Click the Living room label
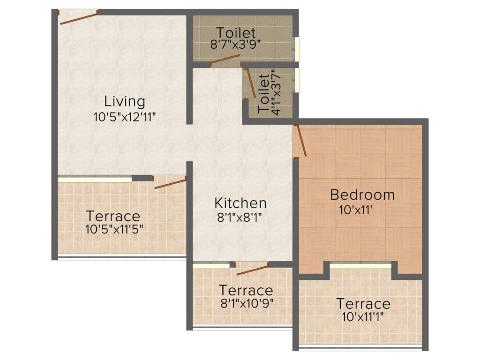coord(124,101)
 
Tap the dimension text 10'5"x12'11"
coord(124,117)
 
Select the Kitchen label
coord(240,203)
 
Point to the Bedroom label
coord(362,194)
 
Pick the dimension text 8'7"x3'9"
coord(236,45)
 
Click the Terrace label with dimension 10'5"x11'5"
coord(113,216)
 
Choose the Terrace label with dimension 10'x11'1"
coord(363,304)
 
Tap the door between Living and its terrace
coord(171,183)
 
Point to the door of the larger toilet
coord(225,60)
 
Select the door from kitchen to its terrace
coord(252,269)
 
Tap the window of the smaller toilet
coord(297,80)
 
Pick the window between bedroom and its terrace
coord(360,265)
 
